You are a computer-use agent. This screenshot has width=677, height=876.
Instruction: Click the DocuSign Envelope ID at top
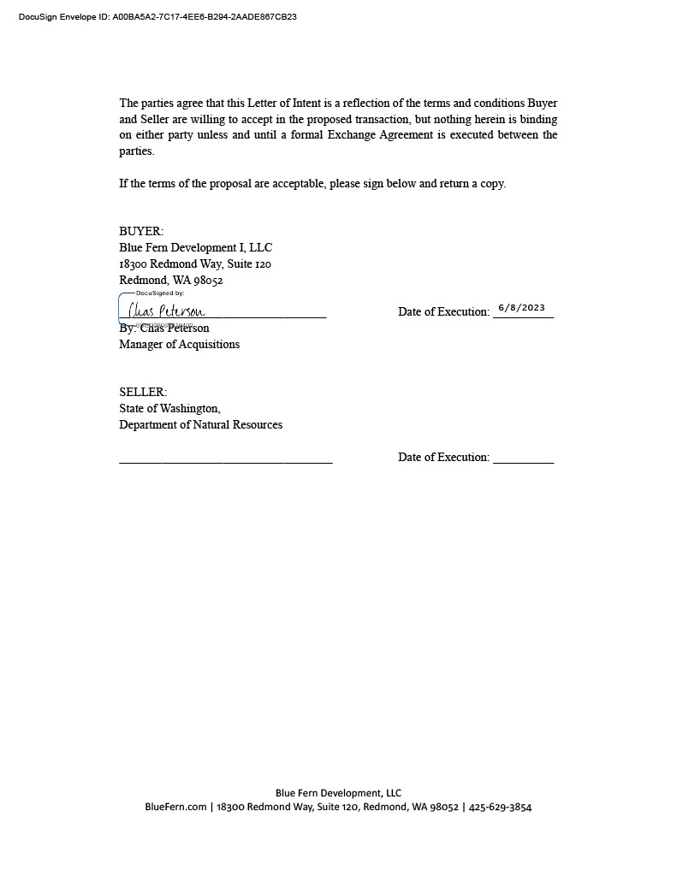pos(157,17)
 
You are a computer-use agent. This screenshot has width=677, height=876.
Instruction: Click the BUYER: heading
pos(141,232)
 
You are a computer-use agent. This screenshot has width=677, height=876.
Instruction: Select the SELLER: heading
pos(143,393)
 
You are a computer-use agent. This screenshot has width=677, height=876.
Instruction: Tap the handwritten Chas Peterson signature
pos(167,311)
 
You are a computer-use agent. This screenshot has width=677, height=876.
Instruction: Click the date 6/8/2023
pos(521,308)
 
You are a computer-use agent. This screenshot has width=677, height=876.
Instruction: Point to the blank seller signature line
pos(225,461)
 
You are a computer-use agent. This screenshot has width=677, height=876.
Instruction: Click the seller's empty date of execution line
pos(523,461)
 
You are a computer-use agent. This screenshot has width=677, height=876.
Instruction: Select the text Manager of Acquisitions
pos(179,345)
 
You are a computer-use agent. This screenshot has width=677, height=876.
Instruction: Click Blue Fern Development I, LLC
pos(195,248)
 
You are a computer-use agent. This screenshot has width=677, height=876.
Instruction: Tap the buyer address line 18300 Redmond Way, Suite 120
pos(195,264)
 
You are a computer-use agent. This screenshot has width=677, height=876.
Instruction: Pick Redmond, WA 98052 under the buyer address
pos(170,281)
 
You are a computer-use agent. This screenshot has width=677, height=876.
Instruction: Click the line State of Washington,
pos(169,409)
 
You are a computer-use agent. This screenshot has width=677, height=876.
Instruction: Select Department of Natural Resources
pos(200,425)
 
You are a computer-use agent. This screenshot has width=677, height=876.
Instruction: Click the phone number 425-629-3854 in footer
pos(500,808)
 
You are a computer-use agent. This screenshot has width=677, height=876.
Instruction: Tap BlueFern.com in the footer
pos(175,808)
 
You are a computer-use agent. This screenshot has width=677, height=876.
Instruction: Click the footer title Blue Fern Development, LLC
pos(338,793)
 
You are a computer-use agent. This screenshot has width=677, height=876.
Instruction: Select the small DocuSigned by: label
pos(160,293)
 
